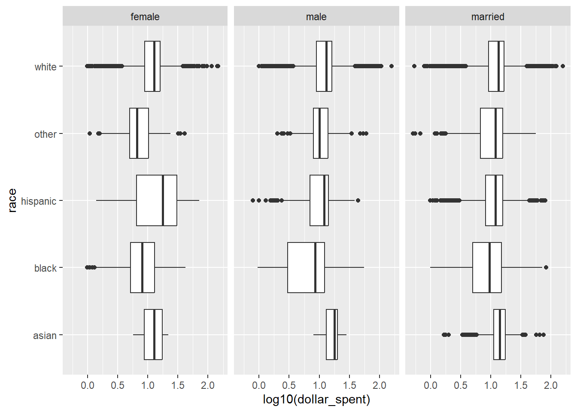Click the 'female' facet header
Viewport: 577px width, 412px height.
[x=145, y=17]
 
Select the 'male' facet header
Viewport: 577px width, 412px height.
[x=316, y=17]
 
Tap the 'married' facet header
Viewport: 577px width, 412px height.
[x=487, y=17]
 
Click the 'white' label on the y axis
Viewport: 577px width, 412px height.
[x=46, y=67]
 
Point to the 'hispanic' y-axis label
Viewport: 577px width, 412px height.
[x=39, y=201]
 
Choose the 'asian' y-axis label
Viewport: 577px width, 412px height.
[x=45, y=336]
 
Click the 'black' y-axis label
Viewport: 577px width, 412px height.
[x=46, y=268]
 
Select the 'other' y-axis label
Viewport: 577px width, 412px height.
[x=46, y=134]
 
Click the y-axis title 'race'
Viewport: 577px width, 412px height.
[x=12, y=200]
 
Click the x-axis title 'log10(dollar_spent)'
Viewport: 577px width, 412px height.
[x=316, y=400]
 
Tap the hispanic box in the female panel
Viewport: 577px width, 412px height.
[x=156, y=200]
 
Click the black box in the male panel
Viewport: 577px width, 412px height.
[x=306, y=267]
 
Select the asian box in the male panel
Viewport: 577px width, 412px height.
[x=331, y=335]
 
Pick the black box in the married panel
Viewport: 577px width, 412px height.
[x=487, y=267]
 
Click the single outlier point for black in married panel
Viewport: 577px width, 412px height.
[x=546, y=267]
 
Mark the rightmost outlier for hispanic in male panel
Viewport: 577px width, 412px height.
[x=358, y=200]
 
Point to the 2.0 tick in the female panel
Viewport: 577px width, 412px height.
[x=208, y=385]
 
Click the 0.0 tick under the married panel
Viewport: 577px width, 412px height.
[x=431, y=385]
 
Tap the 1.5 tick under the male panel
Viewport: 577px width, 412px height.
[x=349, y=385]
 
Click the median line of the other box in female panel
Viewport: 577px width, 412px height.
[x=137, y=133]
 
